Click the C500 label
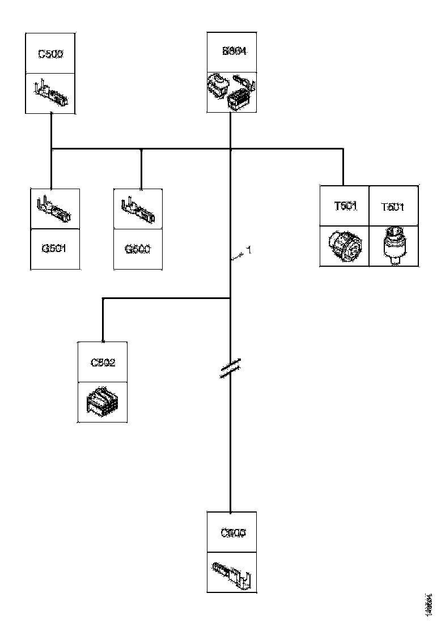pos(50,54)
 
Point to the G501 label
pos(54,249)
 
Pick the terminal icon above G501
pos(54,208)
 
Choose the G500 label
pos(138,249)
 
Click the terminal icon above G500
pos(138,208)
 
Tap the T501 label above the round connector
pos(345,206)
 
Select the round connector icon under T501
pos(345,246)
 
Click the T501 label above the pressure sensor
pos(393,207)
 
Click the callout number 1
pos(248,250)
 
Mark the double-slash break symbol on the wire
pos(230,368)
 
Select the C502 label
pos(103,362)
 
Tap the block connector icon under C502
pos(103,402)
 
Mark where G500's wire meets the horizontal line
pos(141,150)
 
